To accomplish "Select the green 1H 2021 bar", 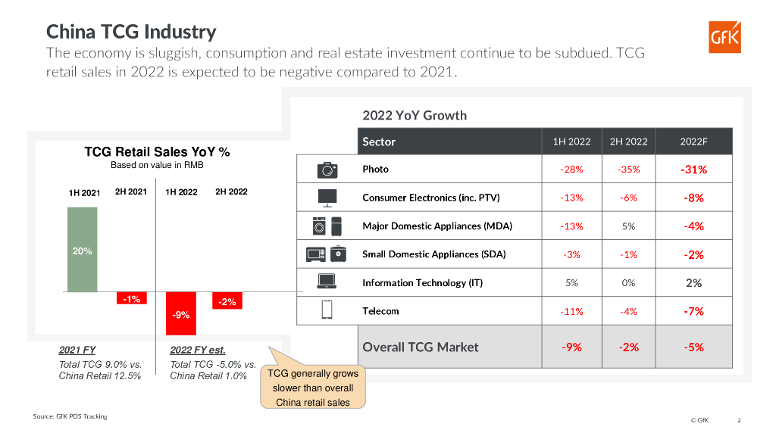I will click(82, 249).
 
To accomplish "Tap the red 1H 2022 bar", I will click(180, 313).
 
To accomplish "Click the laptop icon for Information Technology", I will click(327, 282).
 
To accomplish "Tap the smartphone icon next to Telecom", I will click(327, 310).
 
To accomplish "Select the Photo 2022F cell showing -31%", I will click(693, 170).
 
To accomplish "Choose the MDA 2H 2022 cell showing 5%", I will click(628, 226).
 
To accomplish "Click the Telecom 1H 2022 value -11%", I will click(571, 311).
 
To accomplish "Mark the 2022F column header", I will click(693, 142).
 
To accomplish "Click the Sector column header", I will click(379, 142).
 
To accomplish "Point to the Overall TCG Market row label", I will click(421, 347).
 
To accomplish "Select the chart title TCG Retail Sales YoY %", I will click(157, 151).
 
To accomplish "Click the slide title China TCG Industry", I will click(131, 32).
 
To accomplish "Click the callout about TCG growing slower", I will click(313, 388).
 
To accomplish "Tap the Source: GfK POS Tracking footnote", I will click(70, 416).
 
